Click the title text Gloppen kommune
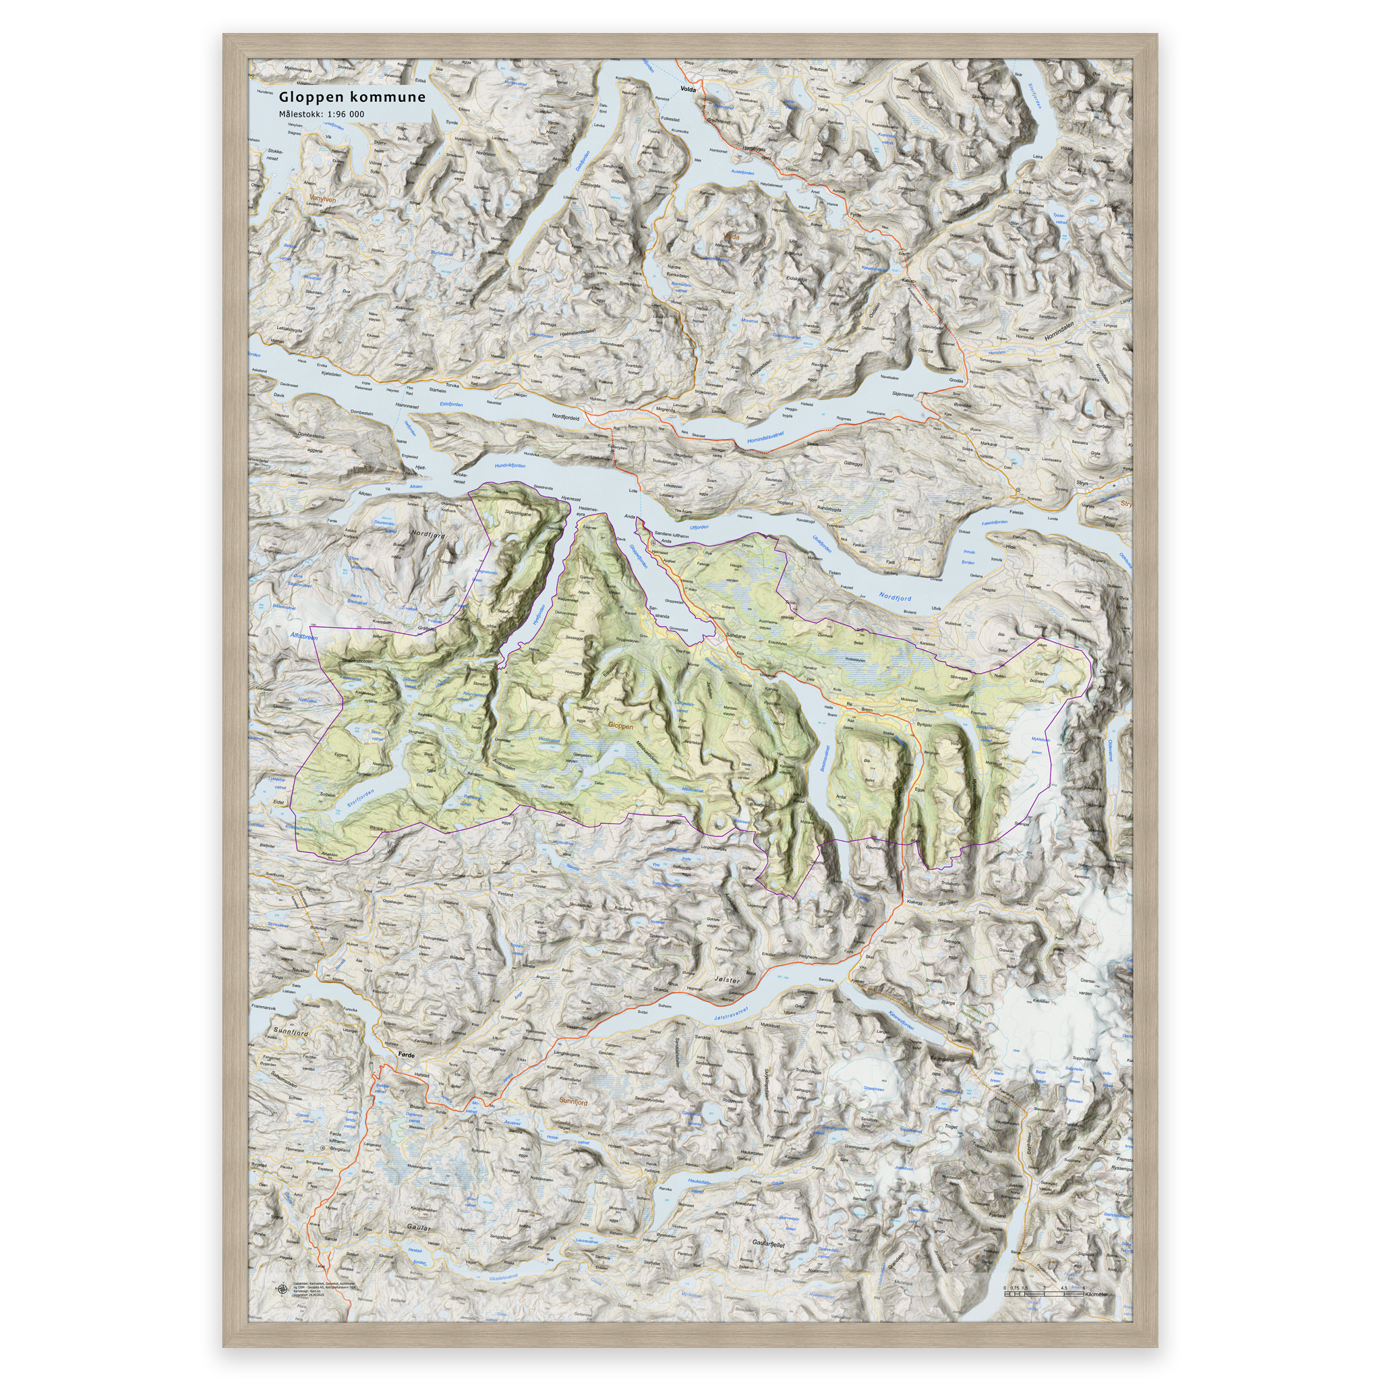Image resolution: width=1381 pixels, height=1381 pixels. [x=352, y=97]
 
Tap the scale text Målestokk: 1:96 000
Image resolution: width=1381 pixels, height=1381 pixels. [x=321, y=115]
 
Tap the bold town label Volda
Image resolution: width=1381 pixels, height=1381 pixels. [x=688, y=90]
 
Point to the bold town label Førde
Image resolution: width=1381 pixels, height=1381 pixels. [x=406, y=1055]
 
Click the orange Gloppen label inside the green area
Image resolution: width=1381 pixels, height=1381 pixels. [x=620, y=726]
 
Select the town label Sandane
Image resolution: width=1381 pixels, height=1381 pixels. [x=736, y=635]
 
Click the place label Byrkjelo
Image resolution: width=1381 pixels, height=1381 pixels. [x=924, y=724]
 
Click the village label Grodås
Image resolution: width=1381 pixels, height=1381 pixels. [x=956, y=381]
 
